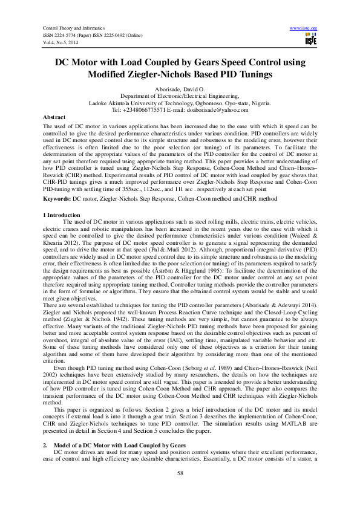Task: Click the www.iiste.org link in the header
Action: [304, 28]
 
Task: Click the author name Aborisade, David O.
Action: [180, 89]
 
